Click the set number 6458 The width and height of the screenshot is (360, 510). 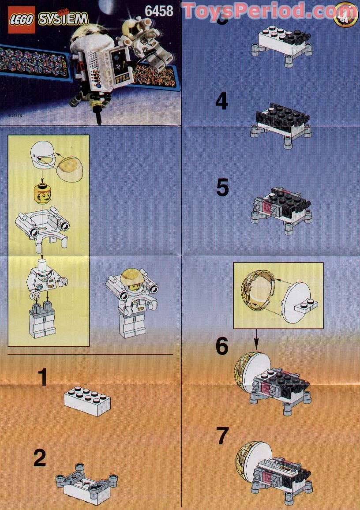(x=159, y=11)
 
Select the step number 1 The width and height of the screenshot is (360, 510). (x=42, y=377)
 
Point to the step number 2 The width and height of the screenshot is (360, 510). (x=40, y=458)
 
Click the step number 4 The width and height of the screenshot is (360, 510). (x=221, y=102)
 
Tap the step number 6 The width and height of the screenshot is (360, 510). (x=222, y=347)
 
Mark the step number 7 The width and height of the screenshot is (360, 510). (x=222, y=436)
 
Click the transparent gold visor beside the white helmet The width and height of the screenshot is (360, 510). (x=71, y=164)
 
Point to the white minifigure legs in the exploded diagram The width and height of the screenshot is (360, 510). (x=42, y=321)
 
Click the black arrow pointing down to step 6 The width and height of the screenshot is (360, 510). (x=256, y=339)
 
